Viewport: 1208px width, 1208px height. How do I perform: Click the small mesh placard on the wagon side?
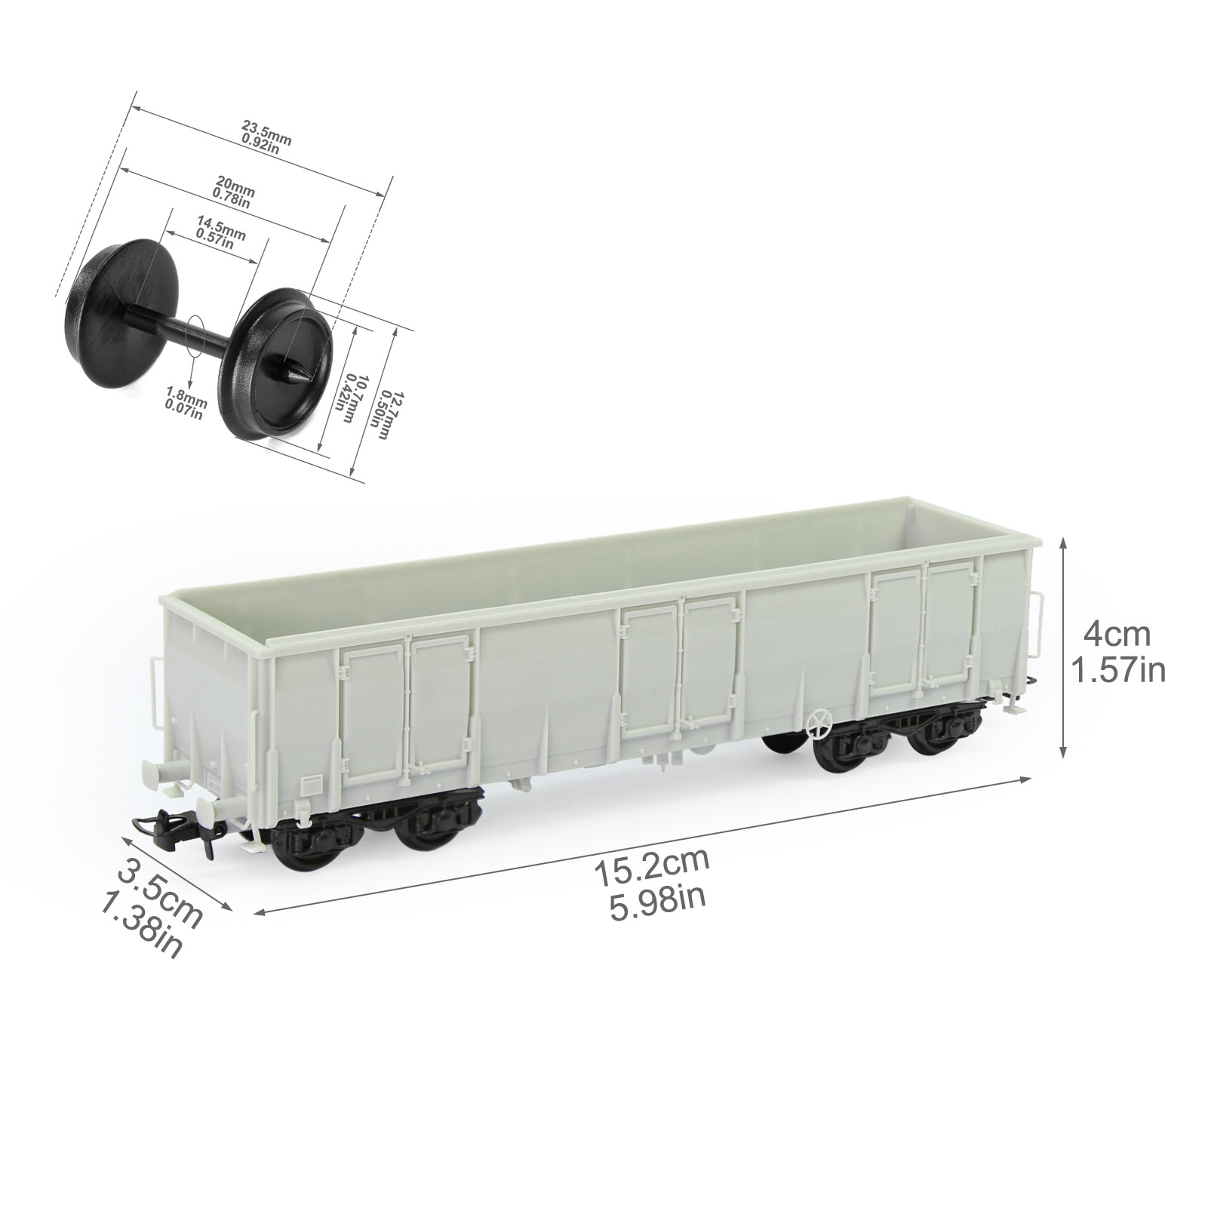click(310, 785)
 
